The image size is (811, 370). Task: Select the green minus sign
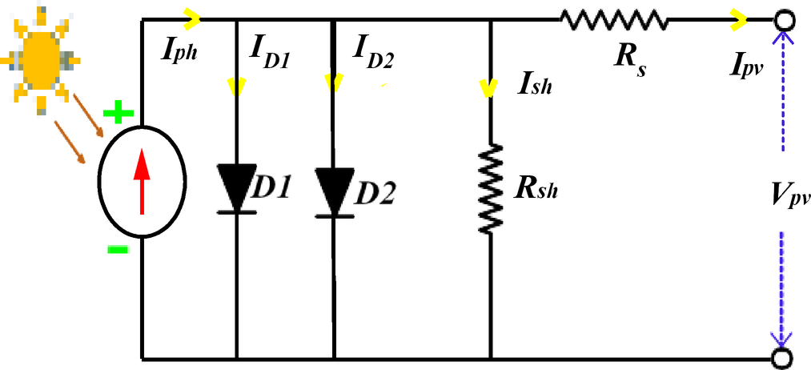click(x=117, y=250)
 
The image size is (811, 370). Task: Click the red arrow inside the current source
click(x=142, y=182)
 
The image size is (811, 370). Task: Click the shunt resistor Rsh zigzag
click(x=490, y=189)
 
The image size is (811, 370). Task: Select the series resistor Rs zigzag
click(x=613, y=18)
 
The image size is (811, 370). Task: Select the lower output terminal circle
click(x=783, y=358)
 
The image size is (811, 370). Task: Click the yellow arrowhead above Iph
click(x=193, y=17)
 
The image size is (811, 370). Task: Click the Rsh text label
click(x=537, y=189)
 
